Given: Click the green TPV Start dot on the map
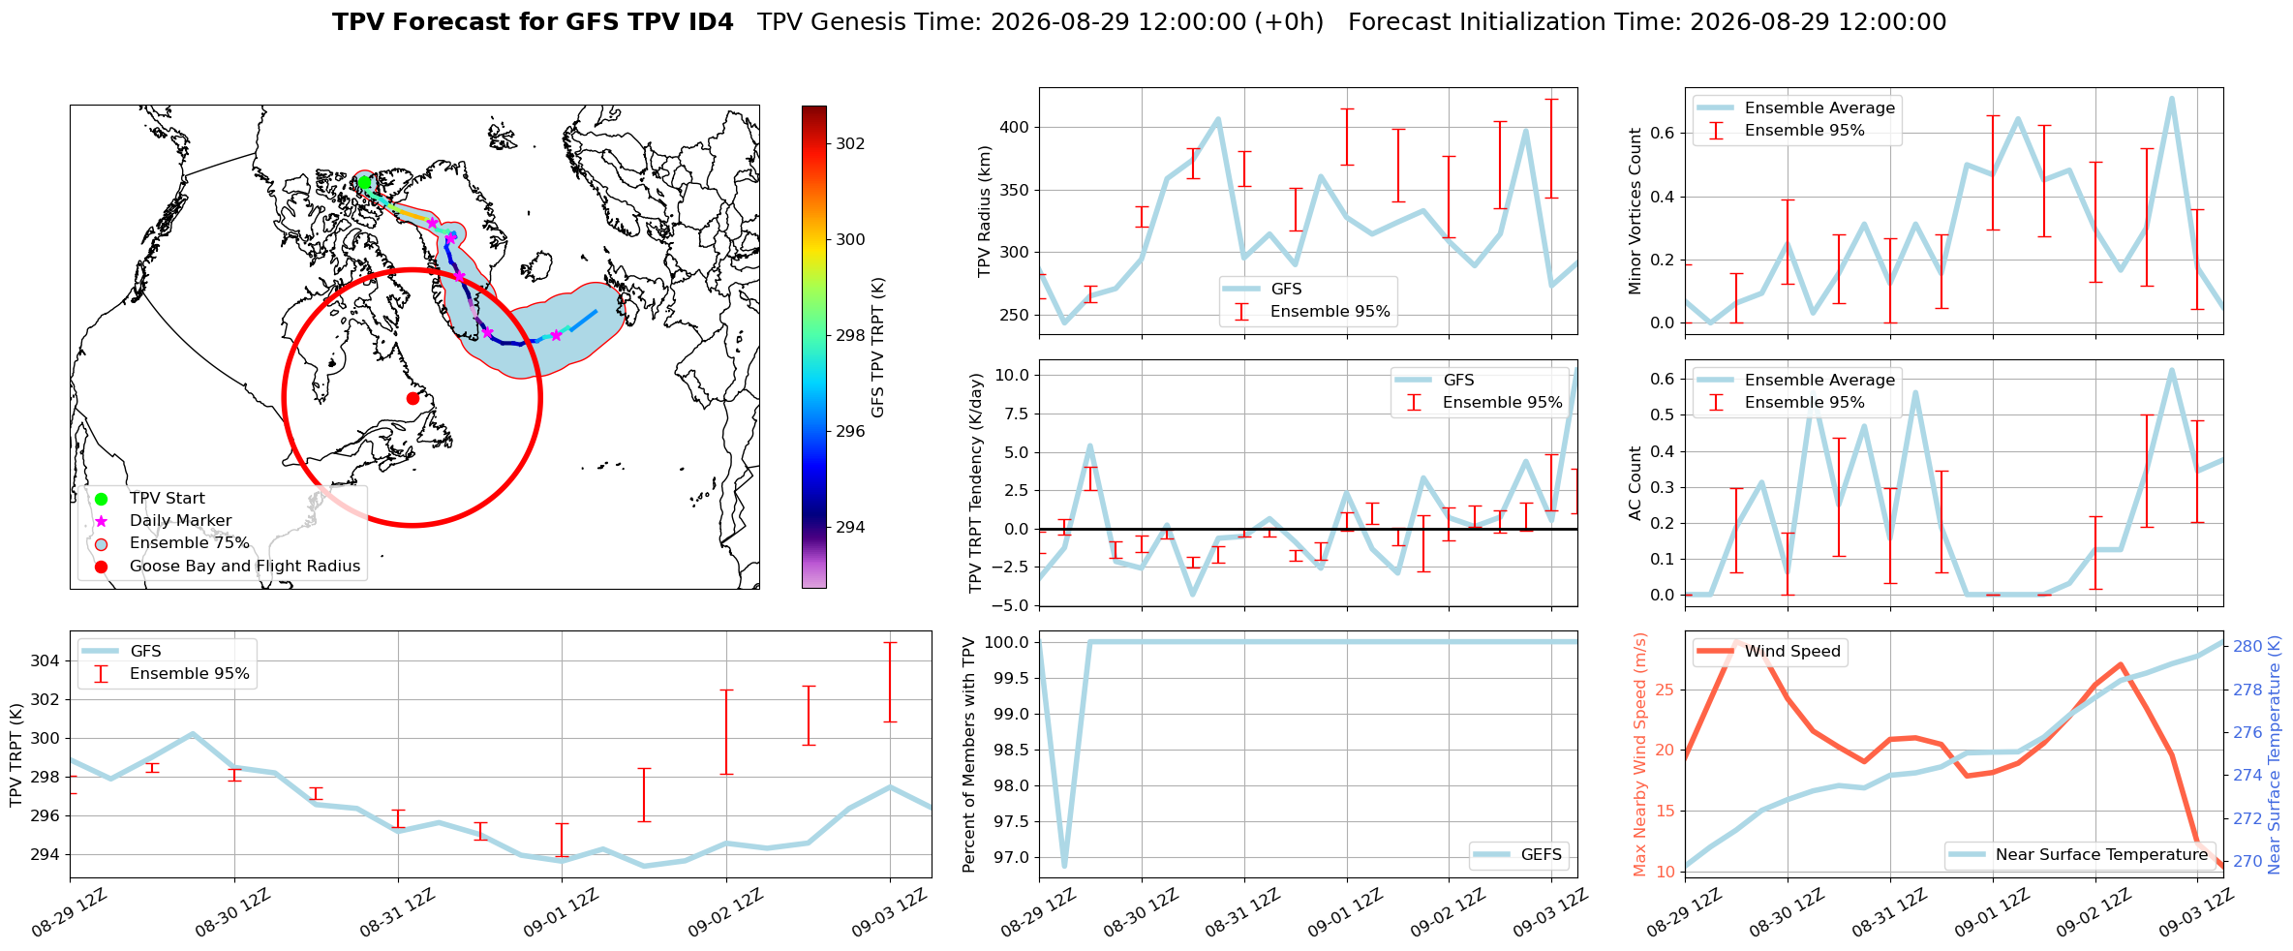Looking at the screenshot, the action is pos(364,182).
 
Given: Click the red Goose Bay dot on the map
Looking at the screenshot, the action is pos(413,398).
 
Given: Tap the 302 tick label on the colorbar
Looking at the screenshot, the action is pos(851,143).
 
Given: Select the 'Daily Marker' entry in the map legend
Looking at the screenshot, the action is pos(181,521).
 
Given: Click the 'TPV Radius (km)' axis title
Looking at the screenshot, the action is pos(985,211).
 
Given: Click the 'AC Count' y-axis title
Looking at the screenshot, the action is pos(1636,483).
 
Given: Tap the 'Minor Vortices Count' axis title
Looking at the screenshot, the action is pos(1636,211).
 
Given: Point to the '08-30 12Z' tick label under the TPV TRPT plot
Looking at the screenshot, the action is pos(231,913).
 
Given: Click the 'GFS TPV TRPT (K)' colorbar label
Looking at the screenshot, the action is pos(878,348).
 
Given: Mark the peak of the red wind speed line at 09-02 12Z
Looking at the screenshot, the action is pos(2121,664).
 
